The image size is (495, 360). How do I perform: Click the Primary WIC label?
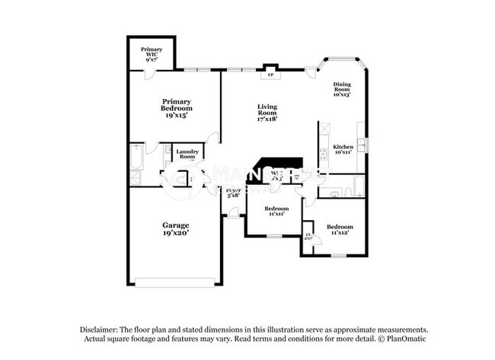(152, 54)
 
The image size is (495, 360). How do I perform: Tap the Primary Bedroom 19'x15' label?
(176, 109)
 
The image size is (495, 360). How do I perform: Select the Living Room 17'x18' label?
(267, 113)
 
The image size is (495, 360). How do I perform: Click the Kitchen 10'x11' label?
(343, 150)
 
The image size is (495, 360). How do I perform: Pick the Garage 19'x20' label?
(176, 230)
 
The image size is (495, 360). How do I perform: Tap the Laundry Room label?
(187, 155)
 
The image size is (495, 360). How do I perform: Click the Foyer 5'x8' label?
(234, 193)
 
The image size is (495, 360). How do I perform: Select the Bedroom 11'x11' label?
(276, 211)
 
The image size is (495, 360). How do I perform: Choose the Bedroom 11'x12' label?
(340, 230)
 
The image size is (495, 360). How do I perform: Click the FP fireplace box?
(270, 74)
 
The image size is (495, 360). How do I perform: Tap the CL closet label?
(308, 237)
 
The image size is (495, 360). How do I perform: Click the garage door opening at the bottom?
(175, 283)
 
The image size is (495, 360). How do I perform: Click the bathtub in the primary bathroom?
(136, 158)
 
